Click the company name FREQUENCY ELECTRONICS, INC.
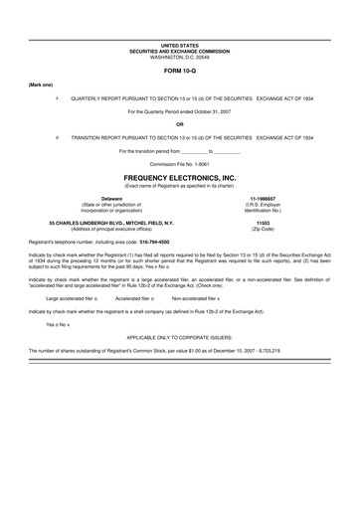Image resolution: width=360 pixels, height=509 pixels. (179, 175)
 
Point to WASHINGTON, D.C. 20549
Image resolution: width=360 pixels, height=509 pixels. (179, 57)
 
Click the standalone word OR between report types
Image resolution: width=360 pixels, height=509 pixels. (179, 124)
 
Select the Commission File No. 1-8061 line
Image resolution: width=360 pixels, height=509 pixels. (179, 162)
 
